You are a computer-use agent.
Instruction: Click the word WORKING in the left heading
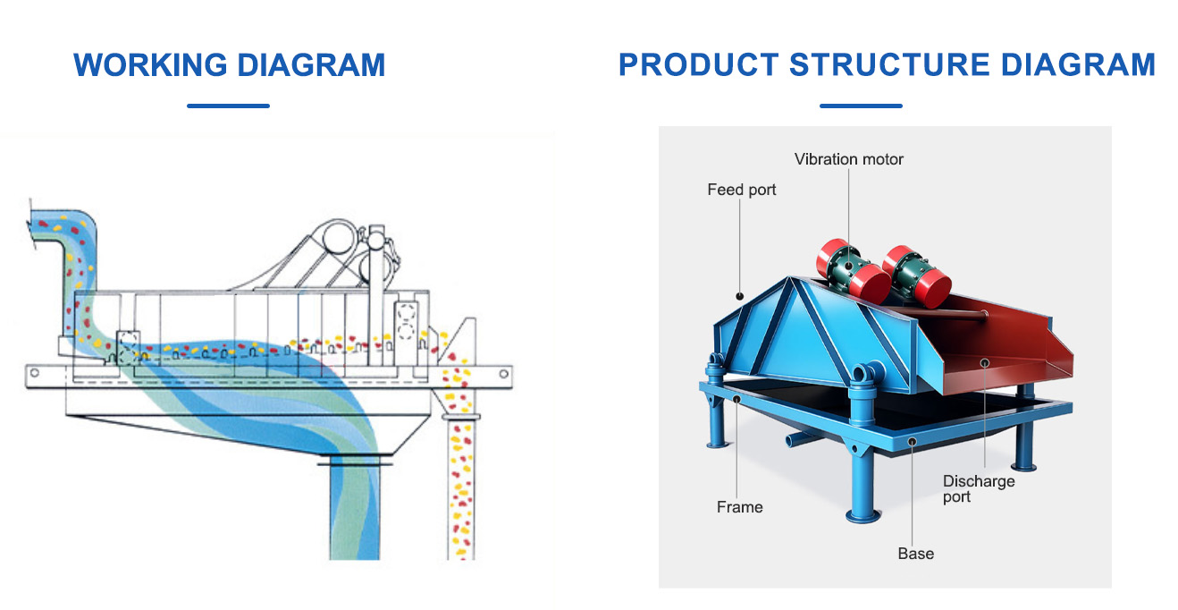point(150,65)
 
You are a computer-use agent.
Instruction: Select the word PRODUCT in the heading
point(698,64)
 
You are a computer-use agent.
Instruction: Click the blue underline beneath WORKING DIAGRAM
point(228,106)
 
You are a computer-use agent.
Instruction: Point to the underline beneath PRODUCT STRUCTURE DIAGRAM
point(861,106)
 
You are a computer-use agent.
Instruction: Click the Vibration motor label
point(849,159)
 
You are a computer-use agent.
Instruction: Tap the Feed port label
point(742,190)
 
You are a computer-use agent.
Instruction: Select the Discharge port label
point(978,489)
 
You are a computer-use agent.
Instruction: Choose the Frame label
point(739,507)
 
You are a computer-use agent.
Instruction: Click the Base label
point(915,553)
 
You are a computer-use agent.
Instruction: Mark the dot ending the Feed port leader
point(739,296)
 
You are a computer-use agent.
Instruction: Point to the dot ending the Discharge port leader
point(985,362)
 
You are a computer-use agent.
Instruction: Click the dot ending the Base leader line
point(913,442)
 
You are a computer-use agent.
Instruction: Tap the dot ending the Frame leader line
point(736,400)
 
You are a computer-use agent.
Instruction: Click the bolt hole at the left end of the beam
point(35,373)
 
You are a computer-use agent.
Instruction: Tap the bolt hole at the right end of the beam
point(503,374)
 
